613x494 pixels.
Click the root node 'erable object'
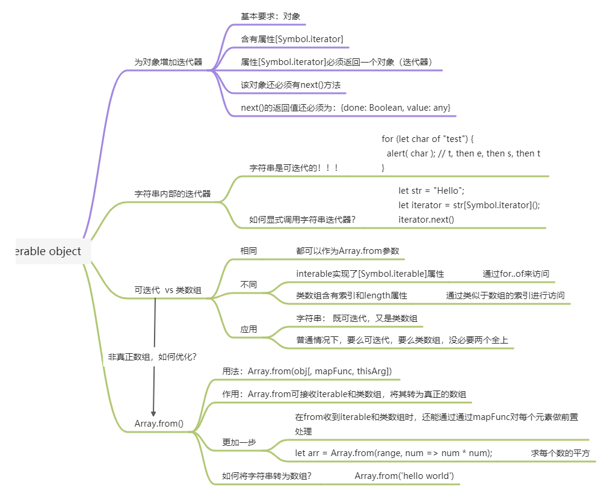click(x=48, y=251)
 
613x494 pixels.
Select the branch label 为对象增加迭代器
click(x=168, y=62)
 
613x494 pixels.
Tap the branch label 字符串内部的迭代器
click(x=173, y=194)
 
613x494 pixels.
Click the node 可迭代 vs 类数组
click(x=168, y=290)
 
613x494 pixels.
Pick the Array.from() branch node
click(x=159, y=424)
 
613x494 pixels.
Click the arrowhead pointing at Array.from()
click(x=153, y=414)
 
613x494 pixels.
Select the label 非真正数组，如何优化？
click(x=152, y=357)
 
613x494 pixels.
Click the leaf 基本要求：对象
click(x=271, y=16)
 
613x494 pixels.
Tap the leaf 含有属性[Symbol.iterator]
click(x=292, y=39)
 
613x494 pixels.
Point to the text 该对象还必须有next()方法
click(x=291, y=85)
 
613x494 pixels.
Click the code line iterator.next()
click(x=426, y=220)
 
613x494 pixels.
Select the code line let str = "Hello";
click(x=431, y=191)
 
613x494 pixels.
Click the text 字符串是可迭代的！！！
click(x=294, y=168)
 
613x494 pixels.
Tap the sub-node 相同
click(x=248, y=251)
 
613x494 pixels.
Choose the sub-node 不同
click(x=248, y=285)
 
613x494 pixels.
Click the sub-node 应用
click(x=248, y=329)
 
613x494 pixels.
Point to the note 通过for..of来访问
click(x=516, y=274)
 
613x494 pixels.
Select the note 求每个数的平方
click(x=560, y=453)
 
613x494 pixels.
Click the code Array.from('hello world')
click(x=404, y=476)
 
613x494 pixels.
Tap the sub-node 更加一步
click(x=239, y=442)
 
